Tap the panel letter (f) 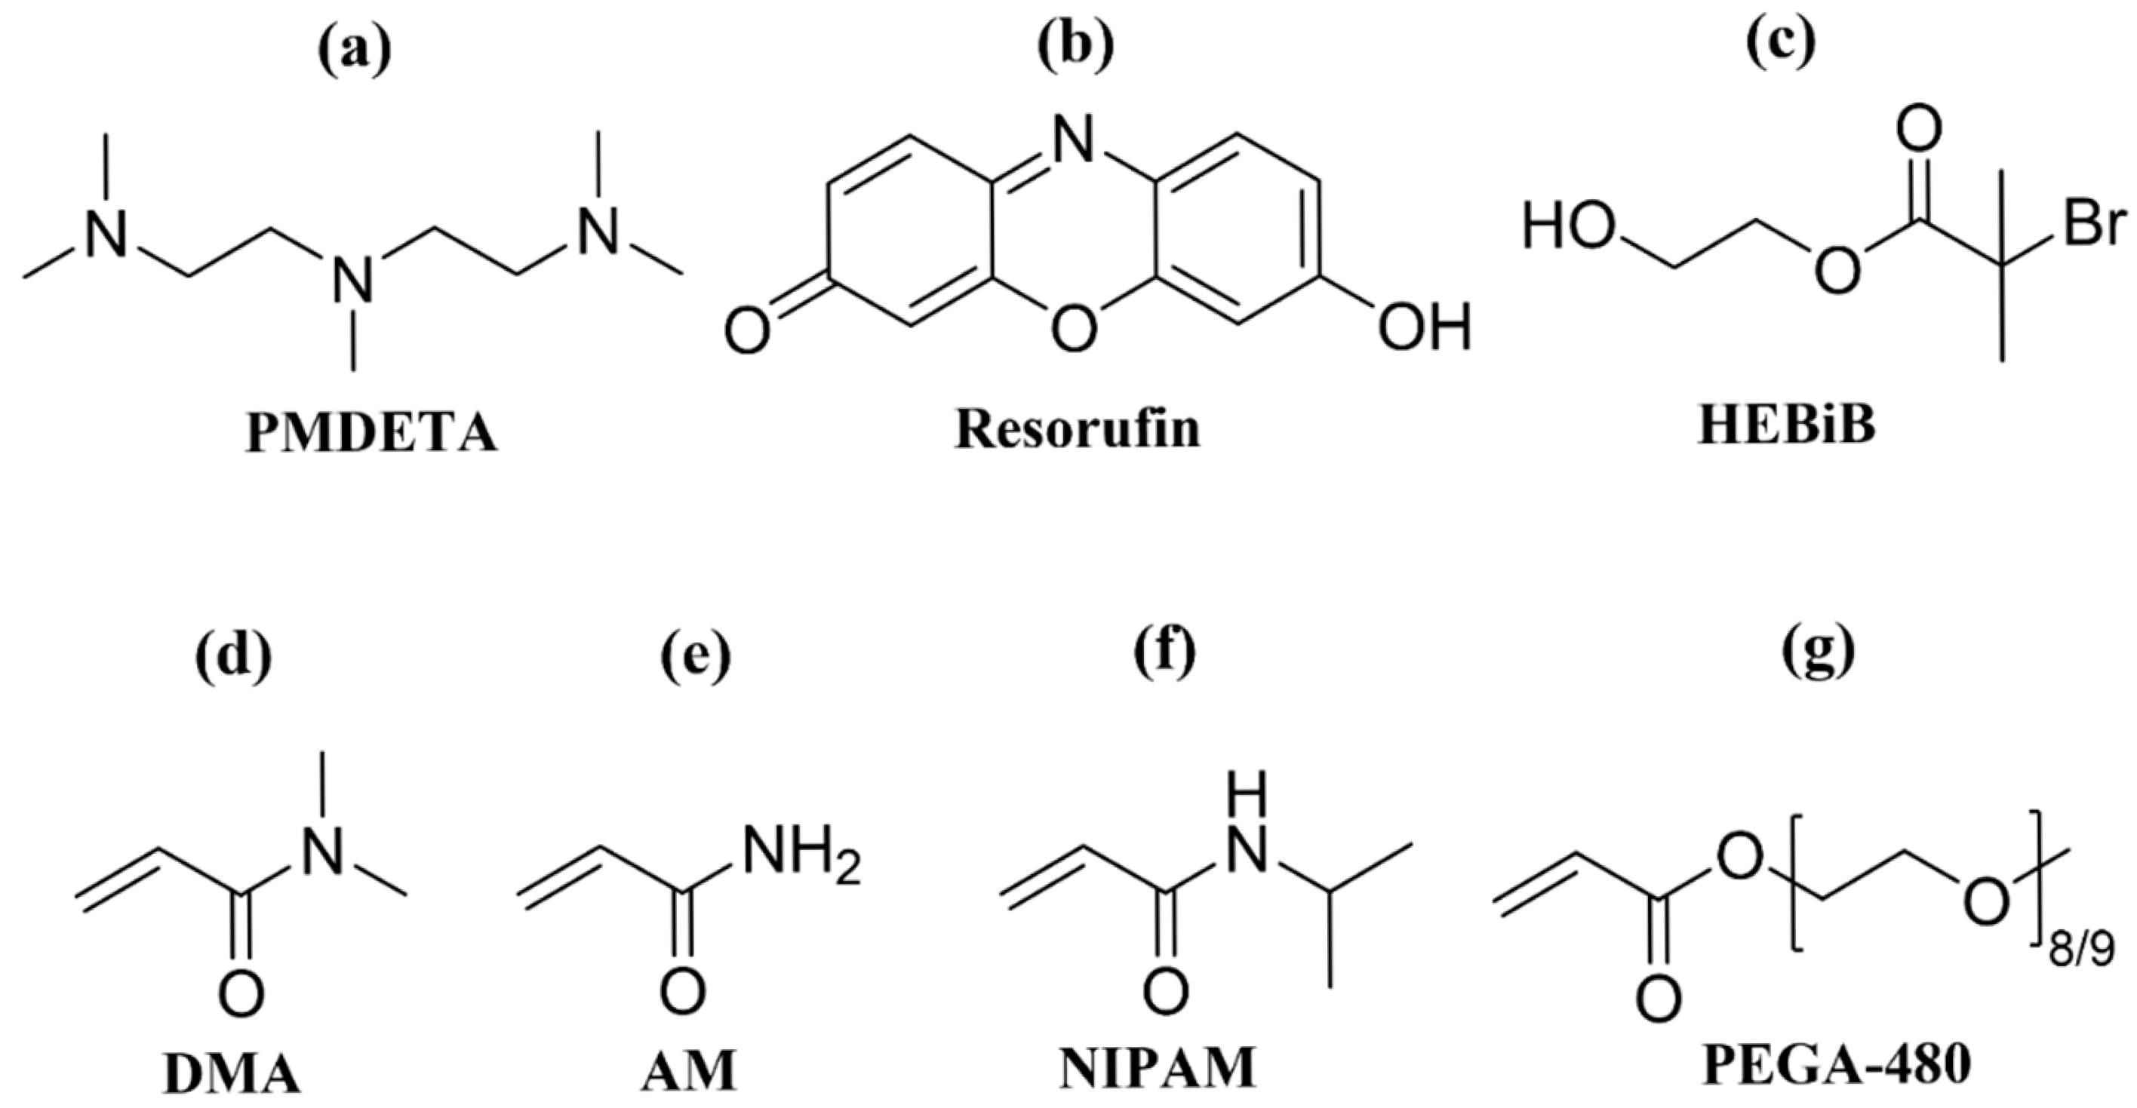[1165, 655]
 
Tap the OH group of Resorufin [1425, 326]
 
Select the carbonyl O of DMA [241, 994]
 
